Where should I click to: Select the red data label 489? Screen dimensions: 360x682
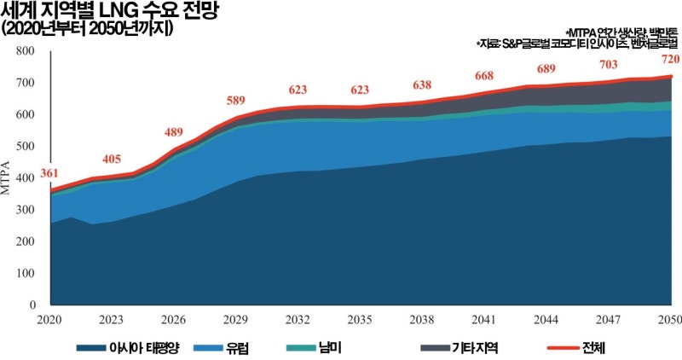coord(174,132)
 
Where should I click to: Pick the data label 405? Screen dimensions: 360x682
coord(111,160)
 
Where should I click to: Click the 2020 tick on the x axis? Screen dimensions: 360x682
coord(49,320)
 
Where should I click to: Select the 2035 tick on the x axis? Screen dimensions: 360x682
coord(361,320)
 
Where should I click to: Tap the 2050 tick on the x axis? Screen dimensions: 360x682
coord(671,320)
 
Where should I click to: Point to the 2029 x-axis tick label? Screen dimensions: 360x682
coord(236,320)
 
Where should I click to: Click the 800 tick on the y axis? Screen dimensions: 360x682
coord(26,51)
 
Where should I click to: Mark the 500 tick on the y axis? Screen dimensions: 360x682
coord(26,147)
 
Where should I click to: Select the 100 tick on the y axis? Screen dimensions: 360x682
coord(26,273)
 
